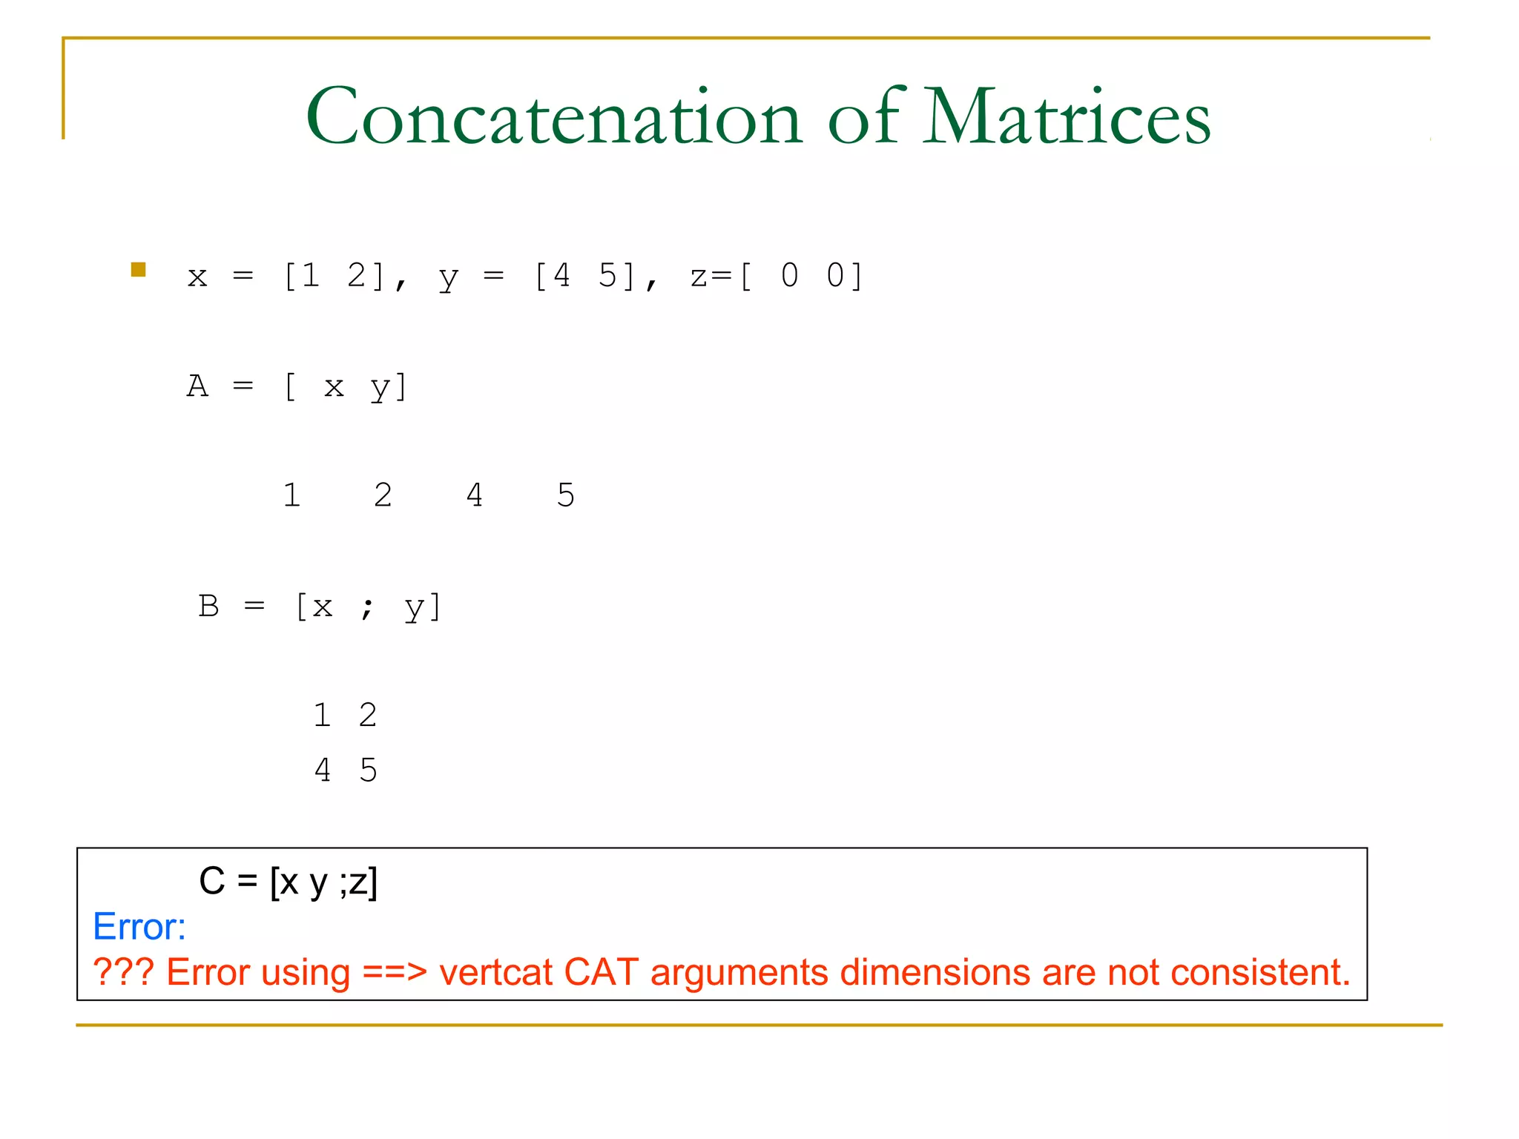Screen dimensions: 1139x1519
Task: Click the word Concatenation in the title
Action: click(x=554, y=117)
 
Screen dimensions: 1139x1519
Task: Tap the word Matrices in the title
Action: click(x=1067, y=117)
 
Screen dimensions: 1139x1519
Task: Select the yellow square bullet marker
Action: click(x=139, y=270)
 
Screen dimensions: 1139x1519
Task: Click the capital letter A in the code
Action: click(x=197, y=386)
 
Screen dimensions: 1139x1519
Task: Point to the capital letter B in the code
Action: click(x=208, y=607)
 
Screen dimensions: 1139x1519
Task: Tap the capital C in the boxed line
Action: click(x=212, y=881)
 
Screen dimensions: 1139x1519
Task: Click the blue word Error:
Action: click(x=139, y=927)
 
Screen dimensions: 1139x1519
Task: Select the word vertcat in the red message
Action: click(x=495, y=972)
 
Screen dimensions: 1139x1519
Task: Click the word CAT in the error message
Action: click(x=601, y=972)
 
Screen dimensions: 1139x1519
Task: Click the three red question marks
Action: click(x=123, y=972)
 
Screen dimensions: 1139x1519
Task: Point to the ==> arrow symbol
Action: click(x=395, y=972)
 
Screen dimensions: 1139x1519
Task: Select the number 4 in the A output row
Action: click(x=475, y=495)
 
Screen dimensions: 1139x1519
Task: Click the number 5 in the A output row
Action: click(x=566, y=495)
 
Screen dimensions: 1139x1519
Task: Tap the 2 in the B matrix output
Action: click(x=368, y=716)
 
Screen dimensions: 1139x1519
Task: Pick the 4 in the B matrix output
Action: click(x=323, y=770)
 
